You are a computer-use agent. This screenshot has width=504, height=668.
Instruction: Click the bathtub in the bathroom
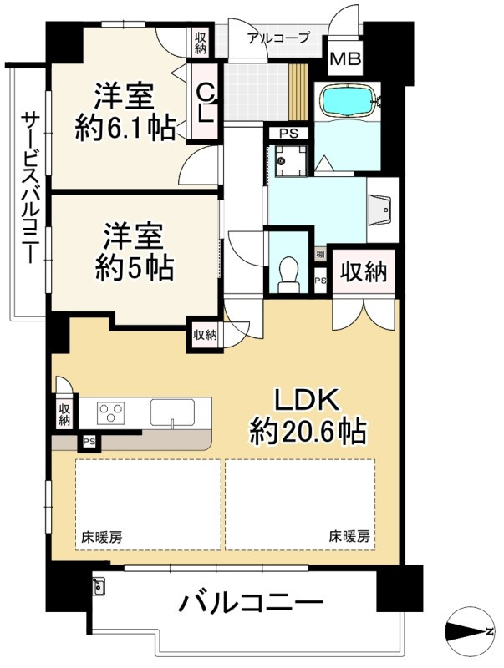point(349,101)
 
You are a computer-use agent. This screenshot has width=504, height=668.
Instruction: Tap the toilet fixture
point(288,275)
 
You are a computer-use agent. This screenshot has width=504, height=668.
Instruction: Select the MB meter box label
point(346,58)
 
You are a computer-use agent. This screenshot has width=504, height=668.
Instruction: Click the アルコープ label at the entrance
point(278,38)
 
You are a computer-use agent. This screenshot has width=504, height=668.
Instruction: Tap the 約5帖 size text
point(134,268)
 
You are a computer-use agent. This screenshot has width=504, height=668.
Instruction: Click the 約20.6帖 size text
point(308,432)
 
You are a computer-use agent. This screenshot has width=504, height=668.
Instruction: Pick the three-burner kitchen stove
point(111,412)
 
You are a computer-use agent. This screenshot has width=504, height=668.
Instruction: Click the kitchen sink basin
point(172,412)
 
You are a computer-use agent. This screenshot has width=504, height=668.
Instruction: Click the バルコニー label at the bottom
point(250,603)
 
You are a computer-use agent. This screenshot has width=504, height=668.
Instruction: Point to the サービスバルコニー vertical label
point(30,188)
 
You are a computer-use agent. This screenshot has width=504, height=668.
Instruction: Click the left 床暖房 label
point(102,537)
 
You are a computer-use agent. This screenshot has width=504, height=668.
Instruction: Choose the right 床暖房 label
point(349,536)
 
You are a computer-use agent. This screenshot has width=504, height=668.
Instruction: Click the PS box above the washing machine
point(288,134)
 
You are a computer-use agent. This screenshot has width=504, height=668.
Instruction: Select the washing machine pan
point(291,161)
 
